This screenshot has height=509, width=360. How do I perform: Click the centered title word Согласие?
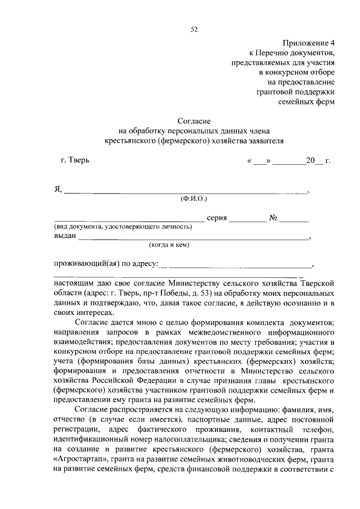pyautogui.click(x=193, y=120)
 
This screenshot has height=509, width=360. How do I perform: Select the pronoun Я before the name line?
pyautogui.click(x=57, y=189)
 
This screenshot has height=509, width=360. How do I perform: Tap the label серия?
pyautogui.click(x=217, y=218)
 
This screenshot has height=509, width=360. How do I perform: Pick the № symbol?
pyautogui.click(x=275, y=218)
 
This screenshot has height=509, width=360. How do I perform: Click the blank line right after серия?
pyautogui.click(x=247, y=219)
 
